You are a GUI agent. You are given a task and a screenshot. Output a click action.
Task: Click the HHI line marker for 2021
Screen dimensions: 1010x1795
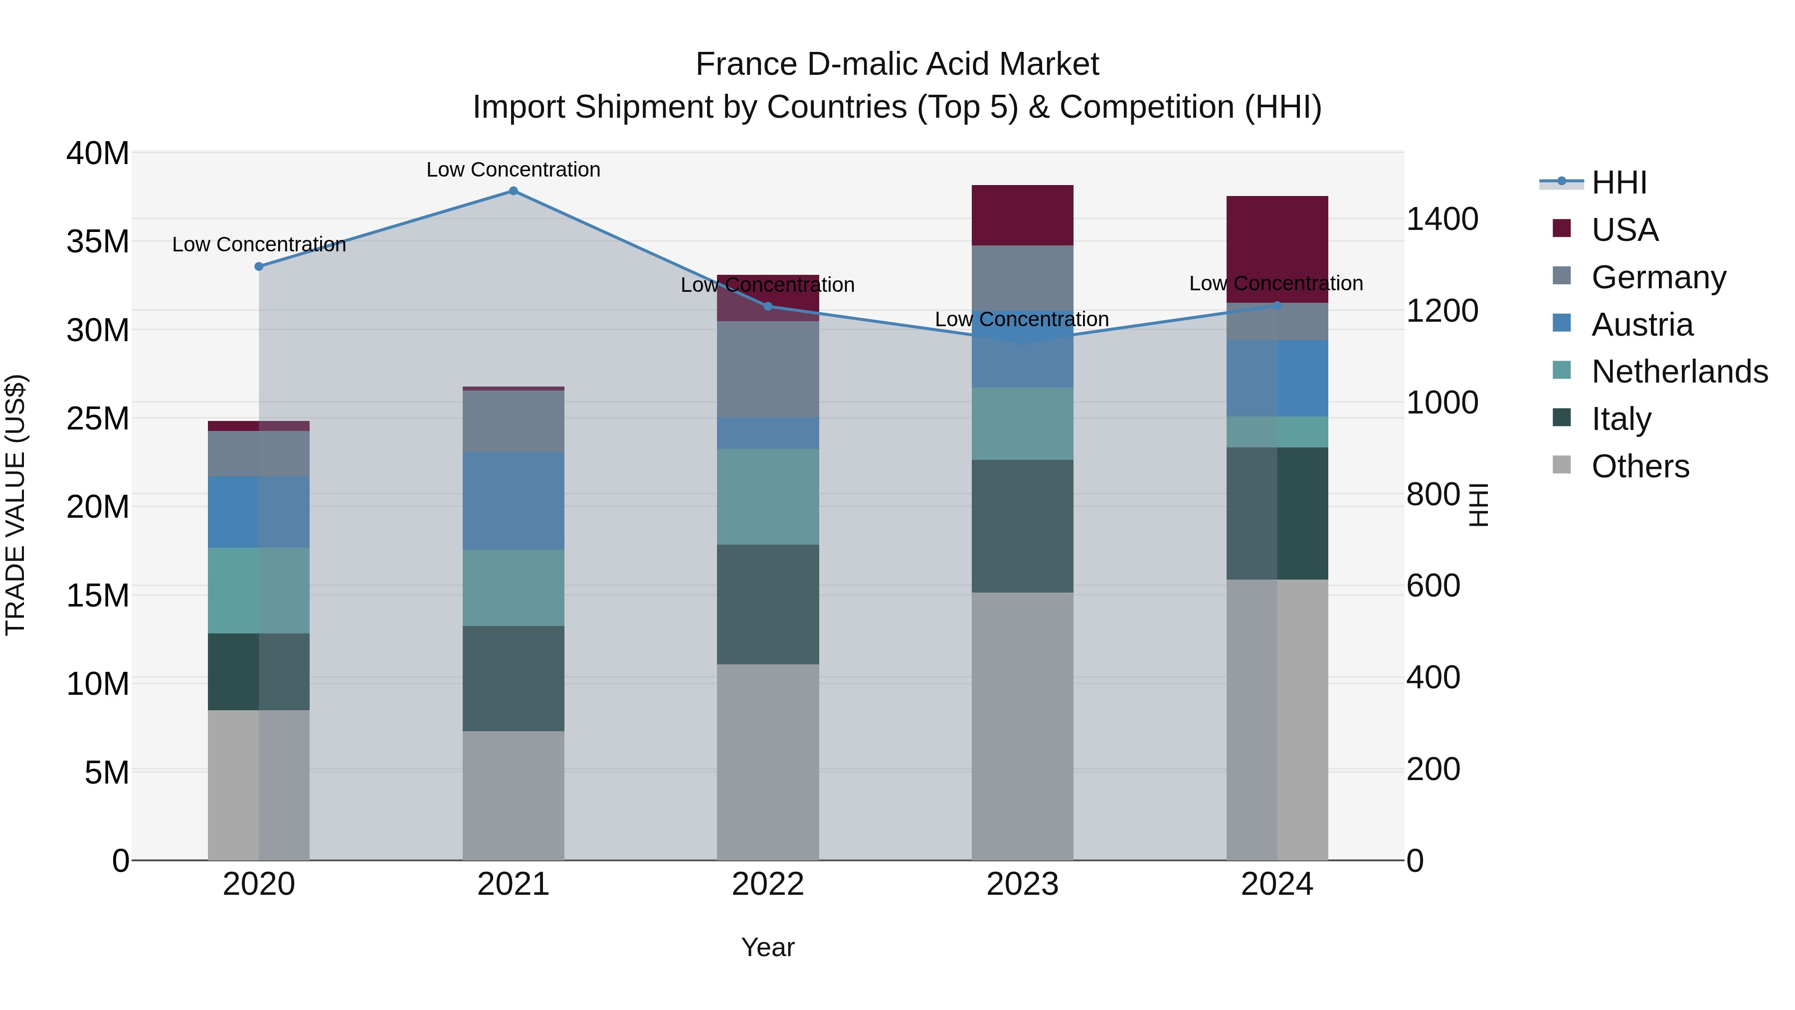pyautogui.click(x=513, y=191)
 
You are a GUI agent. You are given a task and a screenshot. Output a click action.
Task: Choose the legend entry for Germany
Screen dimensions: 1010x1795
pyautogui.click(x=1658, y=277)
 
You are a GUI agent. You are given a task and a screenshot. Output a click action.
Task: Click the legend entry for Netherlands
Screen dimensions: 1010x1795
pyautogui.click(x=1679, y=372)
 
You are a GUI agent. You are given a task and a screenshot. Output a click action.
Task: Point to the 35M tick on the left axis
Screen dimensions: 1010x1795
pyautogui.click(x=98, y=242)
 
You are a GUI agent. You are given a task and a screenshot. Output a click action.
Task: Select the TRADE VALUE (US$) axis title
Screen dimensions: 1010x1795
pyautogui.click(x=15, y=505)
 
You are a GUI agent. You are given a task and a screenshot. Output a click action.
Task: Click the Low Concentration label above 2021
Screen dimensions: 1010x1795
pyautogui.click(x=513, y=170)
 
